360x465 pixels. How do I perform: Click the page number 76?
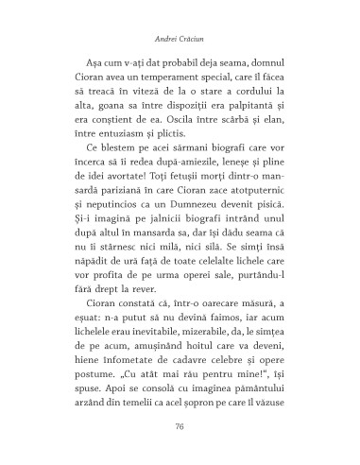(x=180, y=426)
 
